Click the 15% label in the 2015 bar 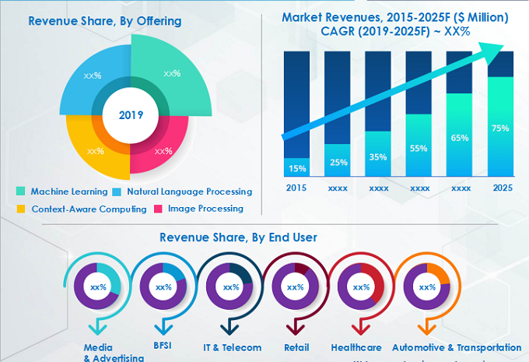(x=296, y=168)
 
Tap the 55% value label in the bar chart (x=418, y=148)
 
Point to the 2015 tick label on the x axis (x=296, y=188)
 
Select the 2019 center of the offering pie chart (x=130, y=115)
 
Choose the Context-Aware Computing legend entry (x=82, y=209)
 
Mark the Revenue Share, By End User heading (x=238, y=237)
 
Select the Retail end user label (x=296, y=347)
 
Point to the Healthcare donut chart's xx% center (x=361, y=287)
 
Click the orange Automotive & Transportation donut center (x=427, y=287)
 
